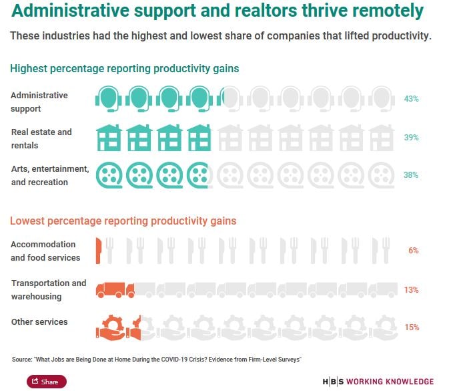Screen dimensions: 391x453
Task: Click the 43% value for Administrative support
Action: click(411, 99)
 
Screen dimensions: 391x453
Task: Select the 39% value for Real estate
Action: click(411, 137)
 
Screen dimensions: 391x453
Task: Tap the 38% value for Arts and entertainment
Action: click(411, 175)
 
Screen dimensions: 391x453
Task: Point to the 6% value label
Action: click(413, 251)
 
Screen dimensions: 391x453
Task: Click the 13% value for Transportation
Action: click(411, 290)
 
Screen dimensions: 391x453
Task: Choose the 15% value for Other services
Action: click(411, 328)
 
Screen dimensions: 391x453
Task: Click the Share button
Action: click(46, 382)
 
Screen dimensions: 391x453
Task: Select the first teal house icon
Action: click(108, 137)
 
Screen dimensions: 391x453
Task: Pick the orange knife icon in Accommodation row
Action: click(99, 251)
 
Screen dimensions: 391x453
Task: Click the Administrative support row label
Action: click(39, 102)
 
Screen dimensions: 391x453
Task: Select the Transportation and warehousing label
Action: click(49, 289)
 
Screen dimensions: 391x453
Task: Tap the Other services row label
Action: click(39, 322)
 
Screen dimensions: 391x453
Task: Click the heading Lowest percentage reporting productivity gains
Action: click(123, 221)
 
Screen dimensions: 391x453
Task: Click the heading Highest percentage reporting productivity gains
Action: click(124, 68)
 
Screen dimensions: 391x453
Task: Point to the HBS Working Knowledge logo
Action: click(378, 382)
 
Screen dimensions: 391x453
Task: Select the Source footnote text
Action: click(157, 360)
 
